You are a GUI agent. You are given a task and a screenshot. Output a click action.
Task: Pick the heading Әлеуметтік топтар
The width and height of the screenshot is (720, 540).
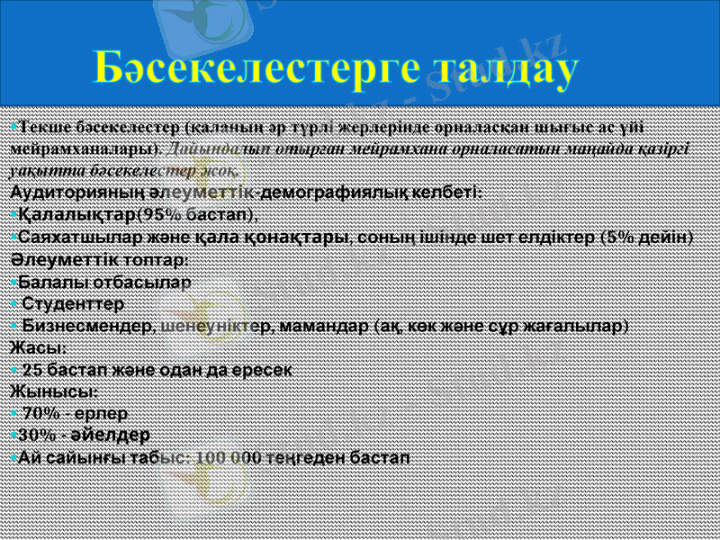(x=98, y=259)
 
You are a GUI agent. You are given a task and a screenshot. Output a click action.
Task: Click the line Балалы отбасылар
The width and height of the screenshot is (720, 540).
(x=104, y=281)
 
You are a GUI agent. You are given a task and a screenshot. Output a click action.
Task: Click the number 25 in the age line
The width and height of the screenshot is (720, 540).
(x=32, y=369)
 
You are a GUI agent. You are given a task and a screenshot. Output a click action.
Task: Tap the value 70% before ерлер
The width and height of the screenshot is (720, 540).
(x=41, y=413)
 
